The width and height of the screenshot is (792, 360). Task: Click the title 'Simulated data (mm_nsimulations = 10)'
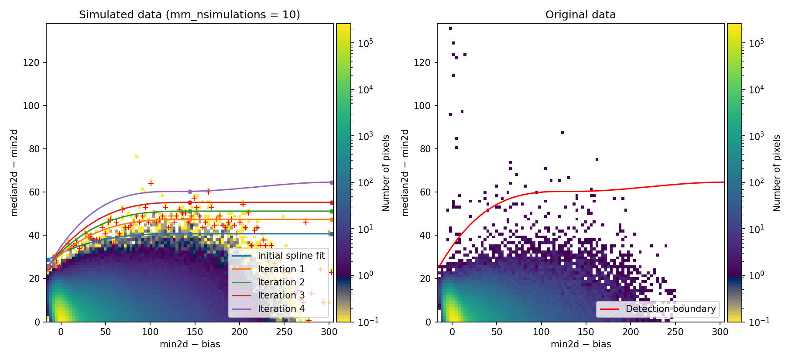[x=189, y=15]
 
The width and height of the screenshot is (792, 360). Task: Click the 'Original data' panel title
[x=580, y=15]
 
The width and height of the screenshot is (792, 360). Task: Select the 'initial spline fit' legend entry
[x=291, y=256]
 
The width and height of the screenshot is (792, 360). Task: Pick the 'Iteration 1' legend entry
[x=281, y=269]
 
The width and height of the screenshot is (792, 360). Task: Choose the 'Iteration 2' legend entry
[x=281, y=282]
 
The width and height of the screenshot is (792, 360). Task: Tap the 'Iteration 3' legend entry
[x=281, y=295]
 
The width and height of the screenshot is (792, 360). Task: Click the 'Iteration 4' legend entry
[x=281, y=309]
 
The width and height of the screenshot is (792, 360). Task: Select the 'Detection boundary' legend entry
[x=670, y=309]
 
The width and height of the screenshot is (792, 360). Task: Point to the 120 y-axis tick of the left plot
[x=31, y=63]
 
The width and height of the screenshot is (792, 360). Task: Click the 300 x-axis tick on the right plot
[x=720, y=332]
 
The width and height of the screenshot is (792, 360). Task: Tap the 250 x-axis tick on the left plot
[x=284, y=332]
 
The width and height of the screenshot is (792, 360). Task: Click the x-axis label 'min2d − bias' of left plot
[x=190, y=344]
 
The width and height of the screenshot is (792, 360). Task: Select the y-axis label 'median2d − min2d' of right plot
[x=405, y=173]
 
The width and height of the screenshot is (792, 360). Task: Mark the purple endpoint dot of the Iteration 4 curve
[x=332, y=182]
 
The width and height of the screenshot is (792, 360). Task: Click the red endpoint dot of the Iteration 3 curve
[x=332, y=202]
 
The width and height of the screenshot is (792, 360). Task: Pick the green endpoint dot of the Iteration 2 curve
[x=332, y=211]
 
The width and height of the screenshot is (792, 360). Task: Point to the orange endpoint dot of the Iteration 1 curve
[x=332, y=219]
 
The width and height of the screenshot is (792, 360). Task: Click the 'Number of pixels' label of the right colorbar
[x=777, y=173]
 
